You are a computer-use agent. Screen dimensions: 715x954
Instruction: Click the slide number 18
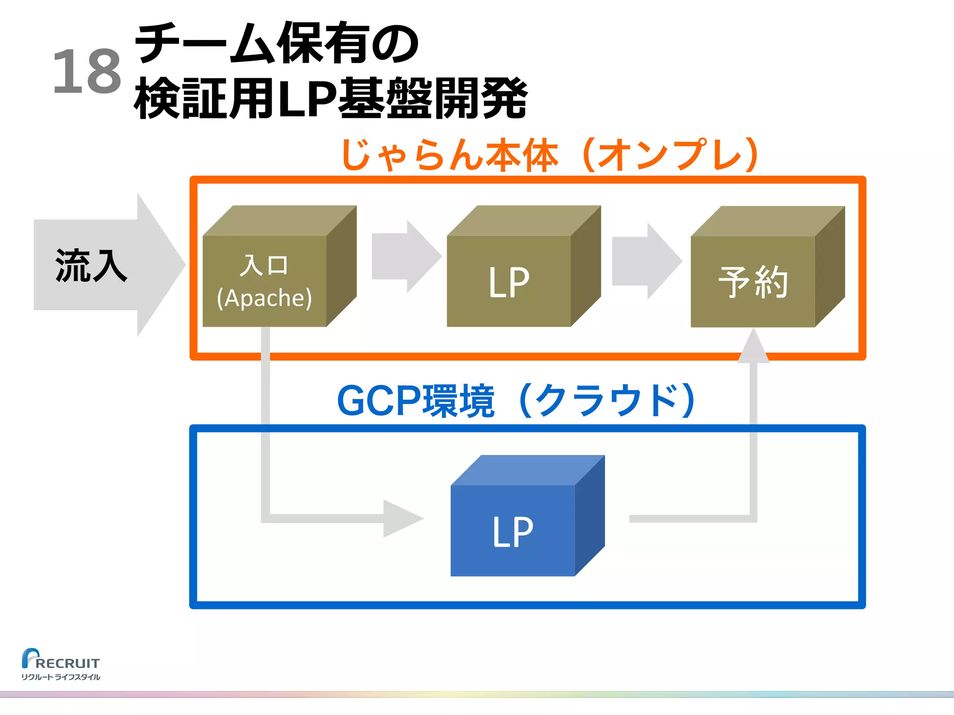[87, 72]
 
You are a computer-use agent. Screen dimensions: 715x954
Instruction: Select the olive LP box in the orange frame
[509, 281]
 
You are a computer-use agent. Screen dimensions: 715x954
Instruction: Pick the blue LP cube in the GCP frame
[513, 530]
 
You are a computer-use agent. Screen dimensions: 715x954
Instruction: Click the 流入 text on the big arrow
[91, 265]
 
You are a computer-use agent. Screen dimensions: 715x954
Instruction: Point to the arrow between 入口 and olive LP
[406, 256]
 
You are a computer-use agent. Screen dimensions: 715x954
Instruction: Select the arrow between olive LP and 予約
[646, 261]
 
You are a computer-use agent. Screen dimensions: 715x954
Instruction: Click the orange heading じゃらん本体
[450, 155]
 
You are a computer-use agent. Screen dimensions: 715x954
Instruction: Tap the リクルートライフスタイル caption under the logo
[61, 677]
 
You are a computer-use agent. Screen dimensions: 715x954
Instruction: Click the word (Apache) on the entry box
[265, 298]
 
